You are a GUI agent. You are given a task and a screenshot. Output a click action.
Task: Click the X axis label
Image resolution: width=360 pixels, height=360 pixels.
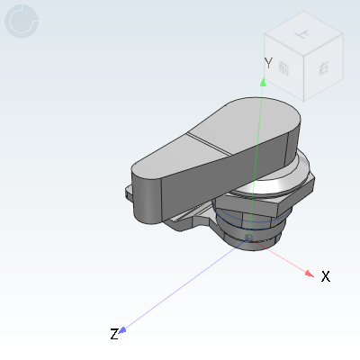326,276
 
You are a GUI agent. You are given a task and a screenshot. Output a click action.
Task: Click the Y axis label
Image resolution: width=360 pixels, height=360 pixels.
268,62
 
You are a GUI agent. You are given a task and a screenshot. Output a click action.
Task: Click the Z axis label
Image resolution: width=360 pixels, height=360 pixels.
114,335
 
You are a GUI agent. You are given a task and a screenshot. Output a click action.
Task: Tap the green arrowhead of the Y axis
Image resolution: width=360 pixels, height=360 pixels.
263,81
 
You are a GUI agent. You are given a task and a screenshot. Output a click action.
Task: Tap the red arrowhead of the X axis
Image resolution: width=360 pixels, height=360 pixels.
310,274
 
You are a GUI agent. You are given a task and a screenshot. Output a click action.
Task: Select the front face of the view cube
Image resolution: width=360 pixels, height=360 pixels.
284,72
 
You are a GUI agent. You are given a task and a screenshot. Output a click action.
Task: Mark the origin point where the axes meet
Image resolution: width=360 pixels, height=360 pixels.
249,238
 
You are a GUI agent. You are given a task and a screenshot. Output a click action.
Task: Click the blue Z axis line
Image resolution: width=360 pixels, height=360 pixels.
180,286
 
